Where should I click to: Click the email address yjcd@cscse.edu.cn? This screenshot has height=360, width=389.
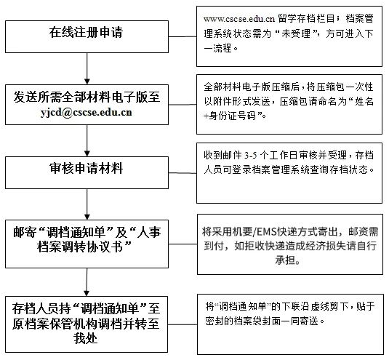coord(87,113)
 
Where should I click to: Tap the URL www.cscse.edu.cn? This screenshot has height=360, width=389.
coord(239,19)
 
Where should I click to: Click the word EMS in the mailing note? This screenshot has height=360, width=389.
coord(266,232)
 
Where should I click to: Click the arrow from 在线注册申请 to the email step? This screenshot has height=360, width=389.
coord(87,68)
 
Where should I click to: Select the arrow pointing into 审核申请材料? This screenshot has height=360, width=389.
coord(87,140)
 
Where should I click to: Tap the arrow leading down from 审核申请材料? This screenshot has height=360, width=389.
coord(87,204)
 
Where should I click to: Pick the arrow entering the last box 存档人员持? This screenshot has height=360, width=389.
coord(87,282)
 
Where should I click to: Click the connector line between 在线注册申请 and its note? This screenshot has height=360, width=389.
coord(183,36)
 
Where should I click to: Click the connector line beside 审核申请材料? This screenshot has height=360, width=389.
coord(183,173)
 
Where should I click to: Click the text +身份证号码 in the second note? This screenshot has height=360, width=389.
coord(230,116)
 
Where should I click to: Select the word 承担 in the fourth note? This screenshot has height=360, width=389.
coord(284,260)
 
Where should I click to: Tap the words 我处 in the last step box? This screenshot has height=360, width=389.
coord(85,338)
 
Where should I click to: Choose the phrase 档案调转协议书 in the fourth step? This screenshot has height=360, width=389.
coord(80,247)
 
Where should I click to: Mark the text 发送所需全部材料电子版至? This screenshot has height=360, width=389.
coord(87,97)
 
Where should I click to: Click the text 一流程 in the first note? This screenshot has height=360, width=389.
coord(217,48)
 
